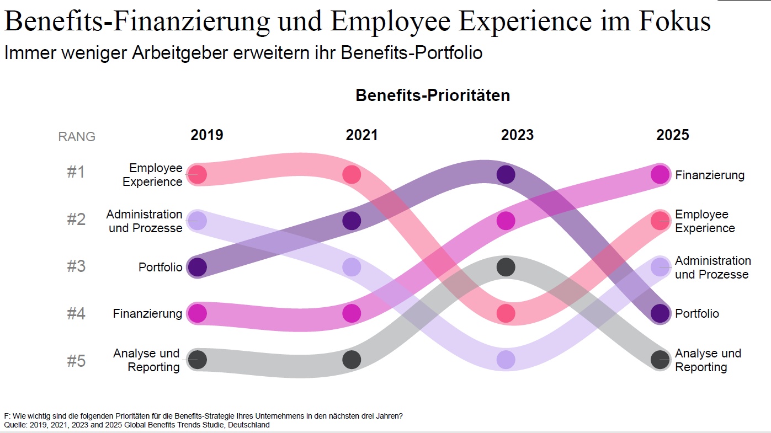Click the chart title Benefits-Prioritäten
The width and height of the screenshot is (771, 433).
432,95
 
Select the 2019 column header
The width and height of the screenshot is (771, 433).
207,135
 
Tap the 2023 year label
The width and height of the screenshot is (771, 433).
517,135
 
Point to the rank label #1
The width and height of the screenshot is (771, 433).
76,173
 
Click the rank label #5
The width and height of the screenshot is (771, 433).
76,361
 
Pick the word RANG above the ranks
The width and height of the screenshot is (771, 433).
77,137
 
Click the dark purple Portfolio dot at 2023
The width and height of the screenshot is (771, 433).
506,174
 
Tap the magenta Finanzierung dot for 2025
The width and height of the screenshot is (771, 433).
660,174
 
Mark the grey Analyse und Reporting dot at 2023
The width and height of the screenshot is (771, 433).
506,267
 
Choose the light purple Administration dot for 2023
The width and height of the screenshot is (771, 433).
506,359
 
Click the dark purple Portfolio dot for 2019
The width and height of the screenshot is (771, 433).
197,267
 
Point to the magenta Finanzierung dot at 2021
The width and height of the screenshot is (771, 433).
352,313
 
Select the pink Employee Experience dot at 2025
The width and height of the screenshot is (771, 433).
660,221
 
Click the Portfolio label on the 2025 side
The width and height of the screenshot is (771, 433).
697,314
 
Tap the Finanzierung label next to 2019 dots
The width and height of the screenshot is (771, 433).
147,314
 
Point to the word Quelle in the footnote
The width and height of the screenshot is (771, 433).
15,425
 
